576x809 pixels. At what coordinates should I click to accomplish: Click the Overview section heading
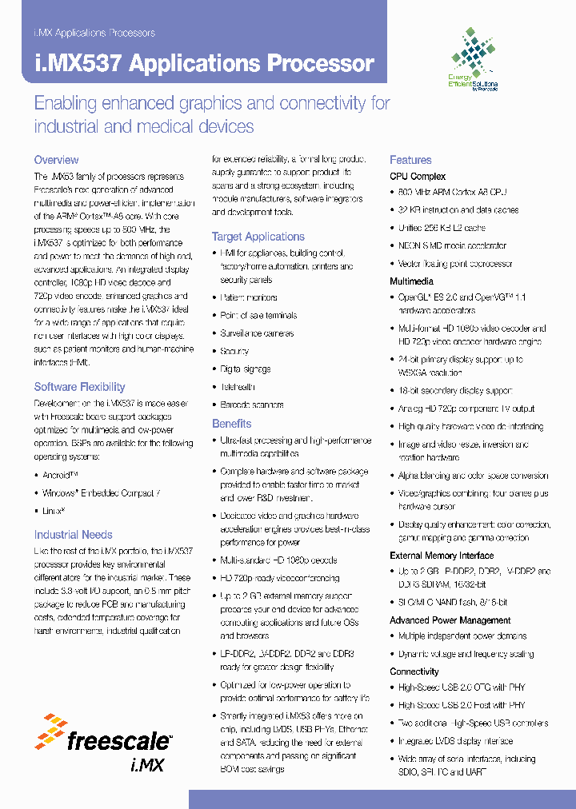56,160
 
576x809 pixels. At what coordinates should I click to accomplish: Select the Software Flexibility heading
79,387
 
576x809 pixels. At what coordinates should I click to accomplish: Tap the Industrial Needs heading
73,535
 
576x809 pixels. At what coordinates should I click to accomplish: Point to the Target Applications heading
258,237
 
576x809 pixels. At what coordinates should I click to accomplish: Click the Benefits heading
231,424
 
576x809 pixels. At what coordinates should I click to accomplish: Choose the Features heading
410,160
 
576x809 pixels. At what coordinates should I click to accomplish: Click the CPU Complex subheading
418,176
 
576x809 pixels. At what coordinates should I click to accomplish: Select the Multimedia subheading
411,281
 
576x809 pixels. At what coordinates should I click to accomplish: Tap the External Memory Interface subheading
442,556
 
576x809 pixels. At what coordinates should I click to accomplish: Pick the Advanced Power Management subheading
450,620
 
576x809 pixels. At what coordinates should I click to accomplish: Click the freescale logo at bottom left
104,743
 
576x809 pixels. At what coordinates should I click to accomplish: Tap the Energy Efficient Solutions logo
474,60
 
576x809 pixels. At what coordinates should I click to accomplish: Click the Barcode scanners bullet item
252,404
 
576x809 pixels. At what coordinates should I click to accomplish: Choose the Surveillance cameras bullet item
257,333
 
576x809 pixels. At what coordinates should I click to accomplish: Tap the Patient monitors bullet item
249,297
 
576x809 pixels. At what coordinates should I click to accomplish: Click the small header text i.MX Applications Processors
94,33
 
